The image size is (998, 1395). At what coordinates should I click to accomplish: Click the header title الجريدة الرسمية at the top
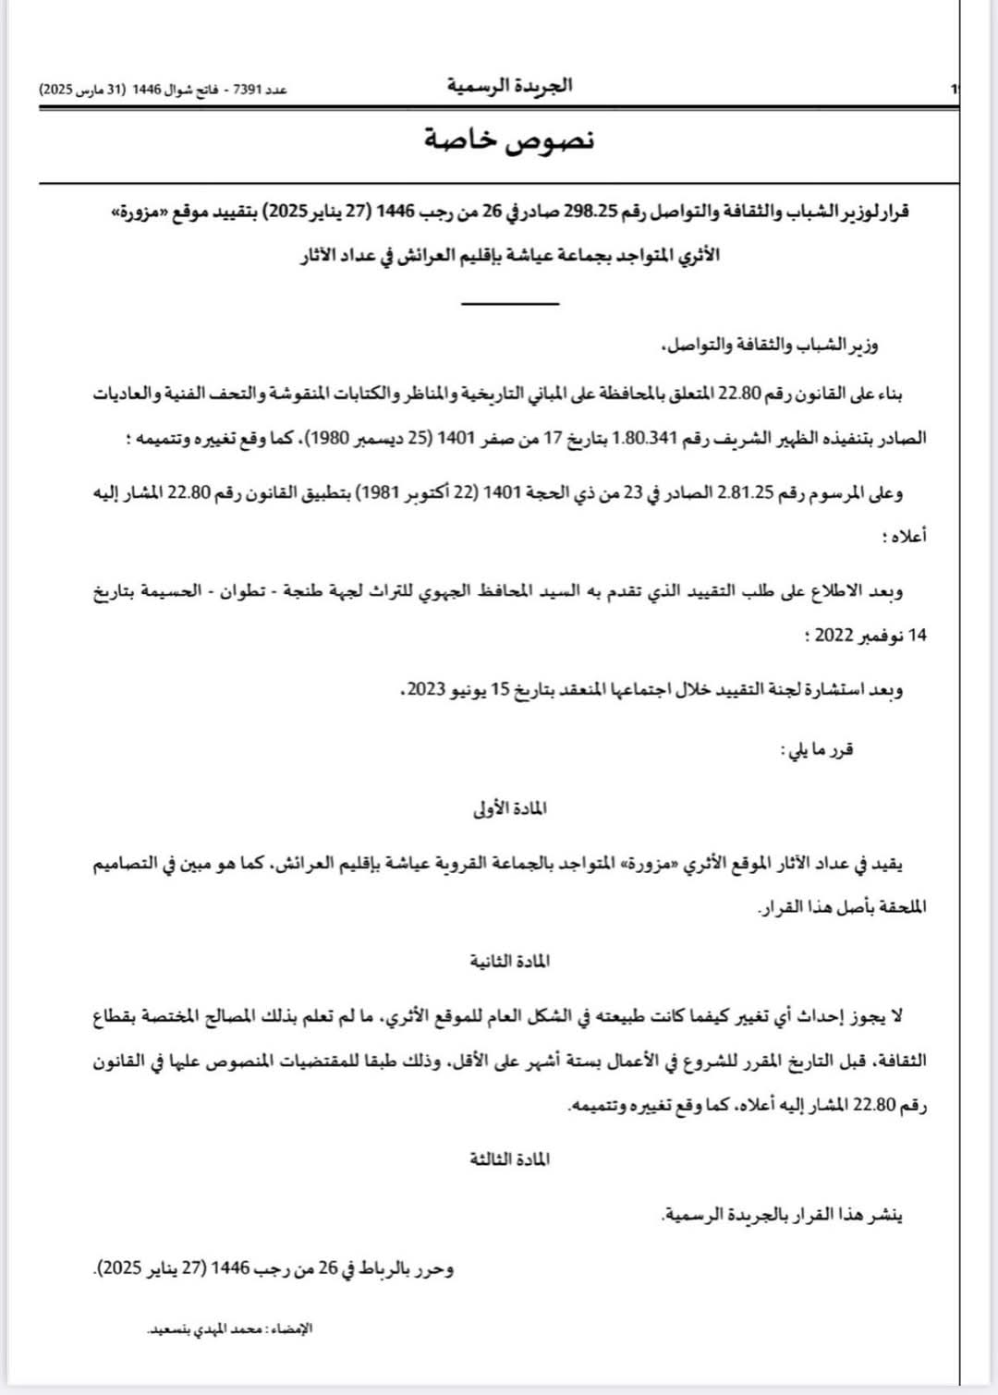tap(510, 86)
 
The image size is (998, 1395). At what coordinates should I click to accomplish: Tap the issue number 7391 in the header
tap(247, 90)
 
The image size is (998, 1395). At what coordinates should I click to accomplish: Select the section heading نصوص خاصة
tap(509, 139)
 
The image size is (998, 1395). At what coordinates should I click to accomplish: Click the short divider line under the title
tap(510, 303)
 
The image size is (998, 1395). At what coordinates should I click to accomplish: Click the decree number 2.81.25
tap(745, 493)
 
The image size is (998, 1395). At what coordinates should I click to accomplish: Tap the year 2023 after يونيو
tap(427, 690)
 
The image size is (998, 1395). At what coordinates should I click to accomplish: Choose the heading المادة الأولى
tap(509, 808)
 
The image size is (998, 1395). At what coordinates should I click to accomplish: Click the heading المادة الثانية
tap(509, 962)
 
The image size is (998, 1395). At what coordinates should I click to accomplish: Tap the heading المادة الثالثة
tap(509, 1159)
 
